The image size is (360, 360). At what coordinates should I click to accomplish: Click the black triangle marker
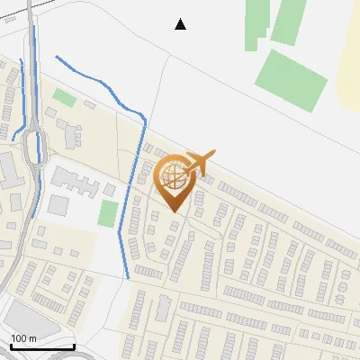coord(181,24)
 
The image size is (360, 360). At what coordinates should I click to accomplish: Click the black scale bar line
coord(42,347)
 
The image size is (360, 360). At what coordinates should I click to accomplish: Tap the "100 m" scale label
coord(23,338)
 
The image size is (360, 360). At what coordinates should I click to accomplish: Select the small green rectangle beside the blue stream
coord(108,214)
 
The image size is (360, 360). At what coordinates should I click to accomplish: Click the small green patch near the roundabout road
coord(63,96)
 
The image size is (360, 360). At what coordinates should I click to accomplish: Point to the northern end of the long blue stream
coord(57,58)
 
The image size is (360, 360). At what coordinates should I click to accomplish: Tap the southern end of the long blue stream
coord(127,277)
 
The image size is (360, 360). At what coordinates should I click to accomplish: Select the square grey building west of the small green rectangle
coord(58,204)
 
